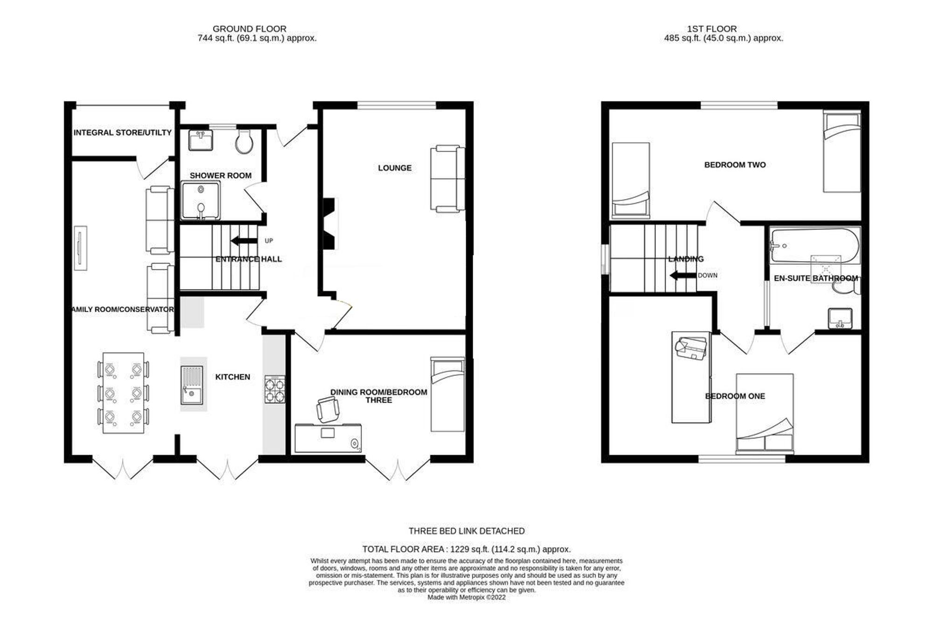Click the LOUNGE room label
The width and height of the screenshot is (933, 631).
point(395,168)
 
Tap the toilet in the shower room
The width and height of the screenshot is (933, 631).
point(244,142)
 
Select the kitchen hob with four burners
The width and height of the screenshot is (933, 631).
point(275,389)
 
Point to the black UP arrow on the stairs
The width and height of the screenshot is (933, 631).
point(244,241)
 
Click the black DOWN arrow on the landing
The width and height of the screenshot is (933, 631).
point(683,276)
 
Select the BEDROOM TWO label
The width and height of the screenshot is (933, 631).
point(735,165)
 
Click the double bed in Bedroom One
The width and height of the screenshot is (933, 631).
point(765,414)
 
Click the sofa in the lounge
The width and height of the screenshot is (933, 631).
point(447,179)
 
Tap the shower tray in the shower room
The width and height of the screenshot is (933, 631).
point(201,201)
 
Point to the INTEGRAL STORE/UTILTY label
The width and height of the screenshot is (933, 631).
point(123,133)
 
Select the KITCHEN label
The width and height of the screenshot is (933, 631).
point(233,377)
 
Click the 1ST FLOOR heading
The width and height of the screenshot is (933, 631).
point(712,29)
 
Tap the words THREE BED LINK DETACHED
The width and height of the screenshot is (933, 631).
point(466,531)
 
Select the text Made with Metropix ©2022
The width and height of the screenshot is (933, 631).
point(466,597)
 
